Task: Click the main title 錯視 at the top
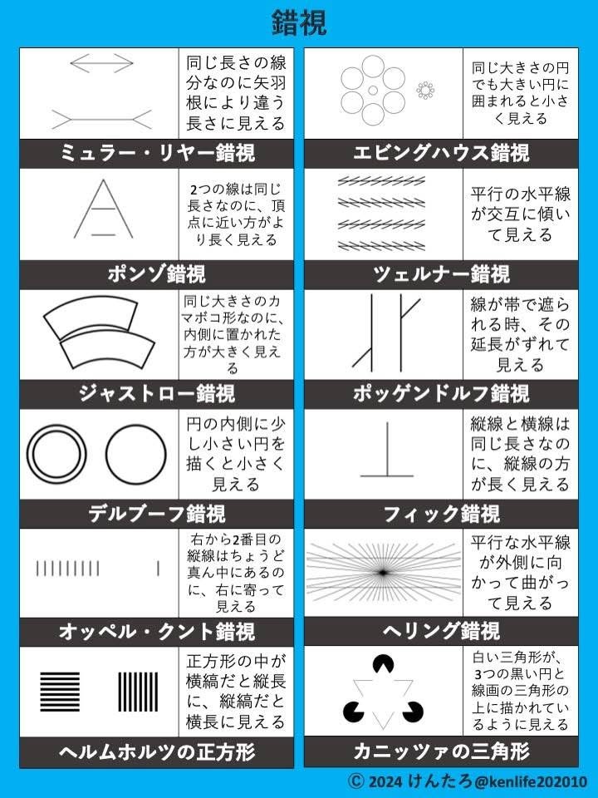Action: tap(299, 23)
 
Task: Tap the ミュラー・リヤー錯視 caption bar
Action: tap(157, 153)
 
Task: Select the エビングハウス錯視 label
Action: tap(441, 153)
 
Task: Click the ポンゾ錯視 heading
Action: tap(157, 274)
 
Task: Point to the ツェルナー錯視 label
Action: tap(441, 274)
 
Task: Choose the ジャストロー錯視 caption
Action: tap(157, 394)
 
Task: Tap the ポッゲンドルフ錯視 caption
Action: tap(441, 394)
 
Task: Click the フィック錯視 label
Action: tap(441, 514)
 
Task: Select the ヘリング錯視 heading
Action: tap(441, 632)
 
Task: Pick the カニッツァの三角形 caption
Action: tap(441, 751)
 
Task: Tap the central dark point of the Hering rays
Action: tap(382, 573)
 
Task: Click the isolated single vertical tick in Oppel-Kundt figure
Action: tap(159, 569)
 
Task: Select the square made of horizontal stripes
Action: tap(60, 692)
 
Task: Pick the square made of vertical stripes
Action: tap(138, 692)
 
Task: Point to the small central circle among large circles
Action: tap(373, 91)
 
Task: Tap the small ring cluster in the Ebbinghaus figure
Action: tap(425, 91)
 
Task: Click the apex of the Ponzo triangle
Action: tap(104, 180)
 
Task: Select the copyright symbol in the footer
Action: tap(356, 781)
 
